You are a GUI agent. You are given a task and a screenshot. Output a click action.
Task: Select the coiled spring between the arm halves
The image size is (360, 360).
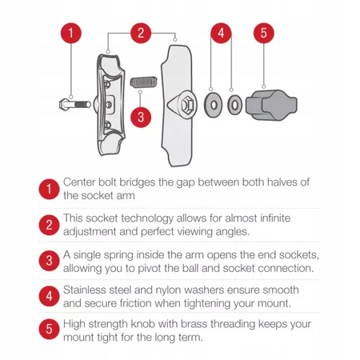[141, 82]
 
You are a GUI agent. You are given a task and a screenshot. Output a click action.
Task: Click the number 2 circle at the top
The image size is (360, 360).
[141, 34]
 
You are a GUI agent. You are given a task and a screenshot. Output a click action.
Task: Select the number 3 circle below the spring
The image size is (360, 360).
[141, 117]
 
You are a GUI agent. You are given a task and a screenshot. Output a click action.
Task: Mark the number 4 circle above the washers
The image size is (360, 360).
[222, 34]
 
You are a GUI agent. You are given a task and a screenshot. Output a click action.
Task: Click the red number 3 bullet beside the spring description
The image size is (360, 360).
[47, 260]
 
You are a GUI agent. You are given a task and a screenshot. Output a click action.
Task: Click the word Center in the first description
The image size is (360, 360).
[81, 182]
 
